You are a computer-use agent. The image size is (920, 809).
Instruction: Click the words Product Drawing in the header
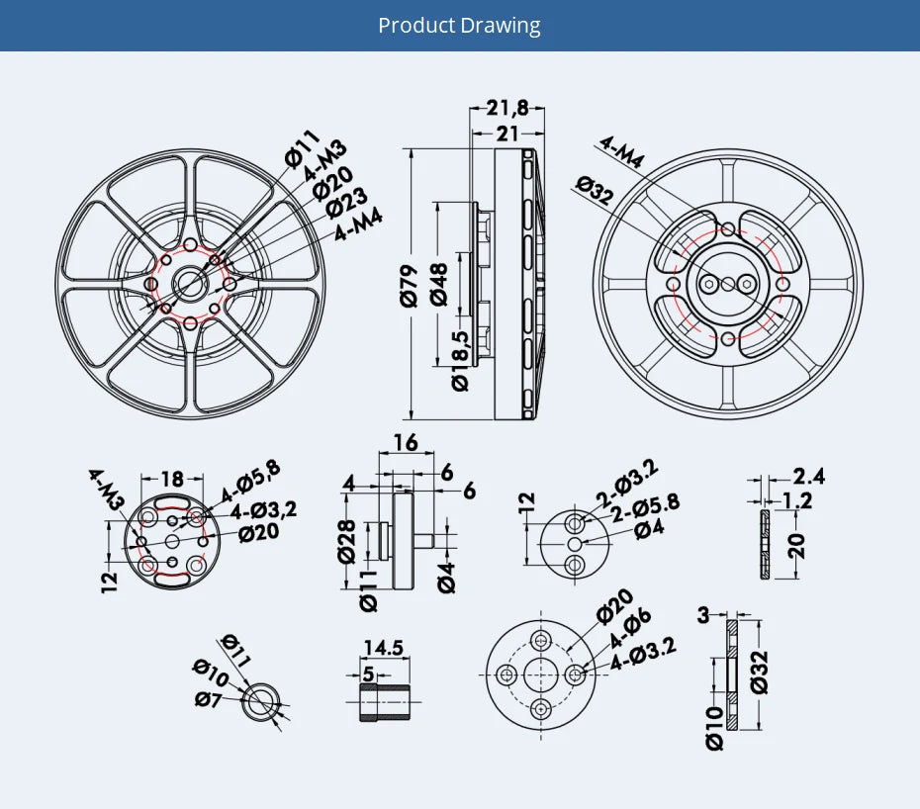(459, 25)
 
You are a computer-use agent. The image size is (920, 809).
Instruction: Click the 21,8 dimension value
(507, 108)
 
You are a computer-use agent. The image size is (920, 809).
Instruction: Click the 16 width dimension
(406, 442)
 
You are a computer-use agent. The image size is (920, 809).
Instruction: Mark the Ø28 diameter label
(346, 540)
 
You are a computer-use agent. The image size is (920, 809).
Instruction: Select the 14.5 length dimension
(383, 648)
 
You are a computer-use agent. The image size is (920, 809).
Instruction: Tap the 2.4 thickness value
(808, 477)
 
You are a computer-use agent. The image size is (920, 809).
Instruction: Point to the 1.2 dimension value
(796, 500)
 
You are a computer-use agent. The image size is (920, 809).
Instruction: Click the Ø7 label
(208, 700)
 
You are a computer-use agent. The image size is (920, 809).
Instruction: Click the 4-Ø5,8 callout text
(250, 481)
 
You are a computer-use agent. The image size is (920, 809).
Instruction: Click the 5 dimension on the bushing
(368, 674)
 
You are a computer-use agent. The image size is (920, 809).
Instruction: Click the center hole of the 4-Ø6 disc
(541, 674)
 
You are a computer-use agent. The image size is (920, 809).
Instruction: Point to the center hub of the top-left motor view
(190, 285)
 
